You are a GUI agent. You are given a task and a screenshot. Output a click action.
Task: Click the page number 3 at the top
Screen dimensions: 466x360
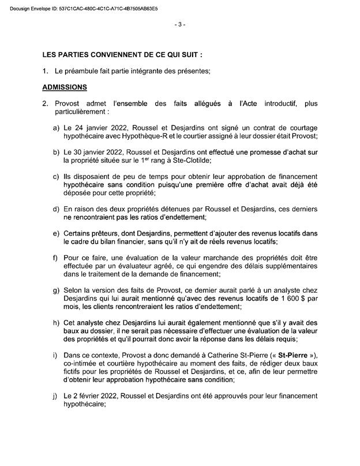179,24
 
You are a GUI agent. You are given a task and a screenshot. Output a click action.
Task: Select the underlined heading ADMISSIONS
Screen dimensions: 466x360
64,88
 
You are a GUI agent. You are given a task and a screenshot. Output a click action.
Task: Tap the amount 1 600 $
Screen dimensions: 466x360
283,299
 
